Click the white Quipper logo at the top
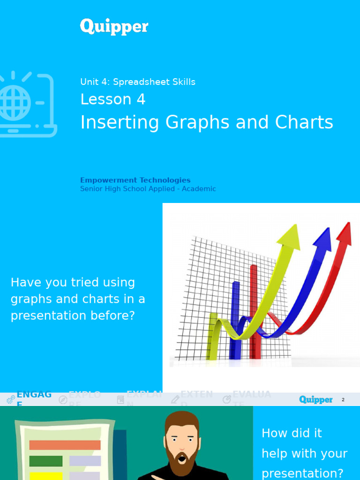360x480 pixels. [114, 27]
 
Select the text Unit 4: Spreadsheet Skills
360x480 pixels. [137, 82]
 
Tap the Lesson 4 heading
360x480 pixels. [112, 99]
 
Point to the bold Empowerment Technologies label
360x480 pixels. [135, 180]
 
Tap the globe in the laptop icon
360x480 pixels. [14, 102]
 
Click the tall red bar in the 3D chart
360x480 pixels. [254, 309]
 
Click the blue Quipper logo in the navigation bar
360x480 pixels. [316, 399]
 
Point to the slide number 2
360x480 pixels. [343, 400]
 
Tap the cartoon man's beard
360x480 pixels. [181, 457]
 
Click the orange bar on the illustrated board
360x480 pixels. [65, 445]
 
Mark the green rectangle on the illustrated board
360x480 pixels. [46, 461]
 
